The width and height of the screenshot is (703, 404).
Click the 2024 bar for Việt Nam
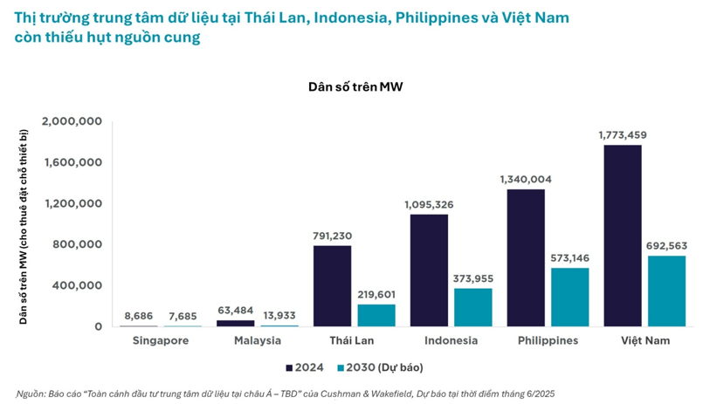[623, 236]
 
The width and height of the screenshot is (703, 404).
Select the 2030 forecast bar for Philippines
[569, 297]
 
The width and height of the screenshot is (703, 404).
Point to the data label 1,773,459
[622, 135]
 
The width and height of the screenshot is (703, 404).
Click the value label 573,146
[569, 258]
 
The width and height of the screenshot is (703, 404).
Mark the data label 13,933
[279, 315]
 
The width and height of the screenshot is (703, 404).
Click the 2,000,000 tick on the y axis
[72, 121]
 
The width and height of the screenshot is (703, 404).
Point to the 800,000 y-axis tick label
[79, 244]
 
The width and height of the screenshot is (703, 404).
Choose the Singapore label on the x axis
[161, 340]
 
